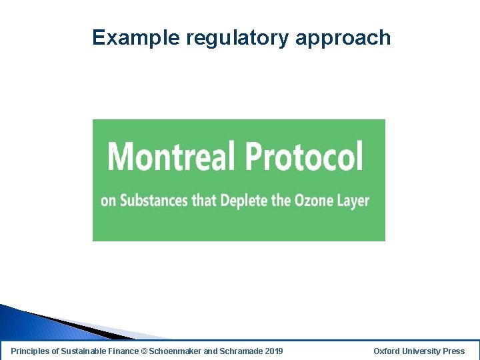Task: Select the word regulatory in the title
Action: tap(237, 38)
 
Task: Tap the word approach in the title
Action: tap(343, 38)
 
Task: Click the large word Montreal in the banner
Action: tap(171, 157)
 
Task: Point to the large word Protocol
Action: tap(304, 157)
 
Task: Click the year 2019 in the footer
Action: tap(273, 351)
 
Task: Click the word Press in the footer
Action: tap(454, 351)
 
